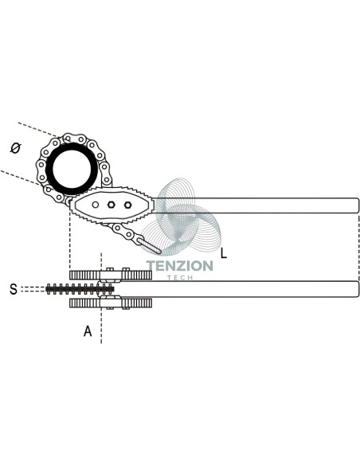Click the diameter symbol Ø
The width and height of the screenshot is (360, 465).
15,147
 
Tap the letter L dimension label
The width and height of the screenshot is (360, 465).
224,253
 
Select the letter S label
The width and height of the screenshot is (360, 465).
14,289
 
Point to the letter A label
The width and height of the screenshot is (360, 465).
88,331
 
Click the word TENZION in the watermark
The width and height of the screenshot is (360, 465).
180,266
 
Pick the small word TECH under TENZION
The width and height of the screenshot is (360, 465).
180,278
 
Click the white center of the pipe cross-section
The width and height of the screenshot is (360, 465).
72,169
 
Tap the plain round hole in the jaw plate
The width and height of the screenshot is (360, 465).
96,205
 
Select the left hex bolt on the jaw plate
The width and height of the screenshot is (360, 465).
112,205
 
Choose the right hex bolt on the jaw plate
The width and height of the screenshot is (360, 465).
127,205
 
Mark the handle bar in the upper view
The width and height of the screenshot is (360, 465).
255,205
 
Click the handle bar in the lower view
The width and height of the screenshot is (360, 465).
236,289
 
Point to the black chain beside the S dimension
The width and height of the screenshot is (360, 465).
80,288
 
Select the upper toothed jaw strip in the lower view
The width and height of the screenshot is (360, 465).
111,275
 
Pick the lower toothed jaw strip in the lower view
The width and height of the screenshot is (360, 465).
111,303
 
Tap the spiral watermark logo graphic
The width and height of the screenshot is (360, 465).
181,217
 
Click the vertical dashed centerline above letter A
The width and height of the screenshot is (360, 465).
101,298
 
